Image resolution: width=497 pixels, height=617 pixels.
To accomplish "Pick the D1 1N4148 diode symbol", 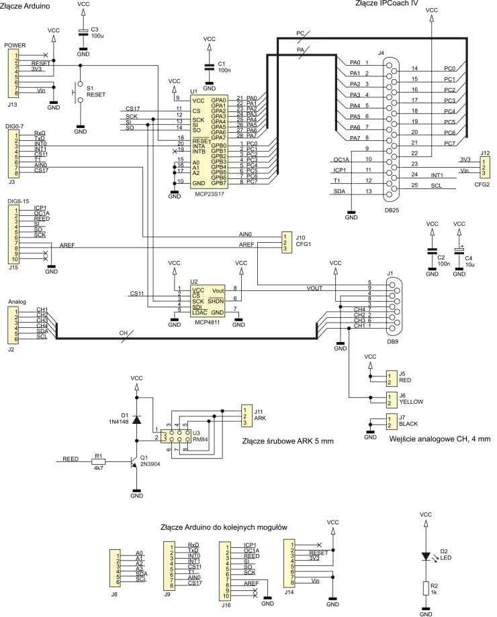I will click(x=136, y=420).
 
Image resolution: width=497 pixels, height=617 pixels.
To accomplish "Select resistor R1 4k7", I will click(x=99, y=461).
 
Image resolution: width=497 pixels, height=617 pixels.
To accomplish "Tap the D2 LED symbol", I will click(x=425, y=556).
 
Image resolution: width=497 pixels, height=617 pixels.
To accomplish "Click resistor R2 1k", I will click(x=425, y=588).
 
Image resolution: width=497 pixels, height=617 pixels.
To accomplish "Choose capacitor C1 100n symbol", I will click(x=209, y=66).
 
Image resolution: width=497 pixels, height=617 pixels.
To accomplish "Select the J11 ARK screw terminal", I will click(x=246, y=416).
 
